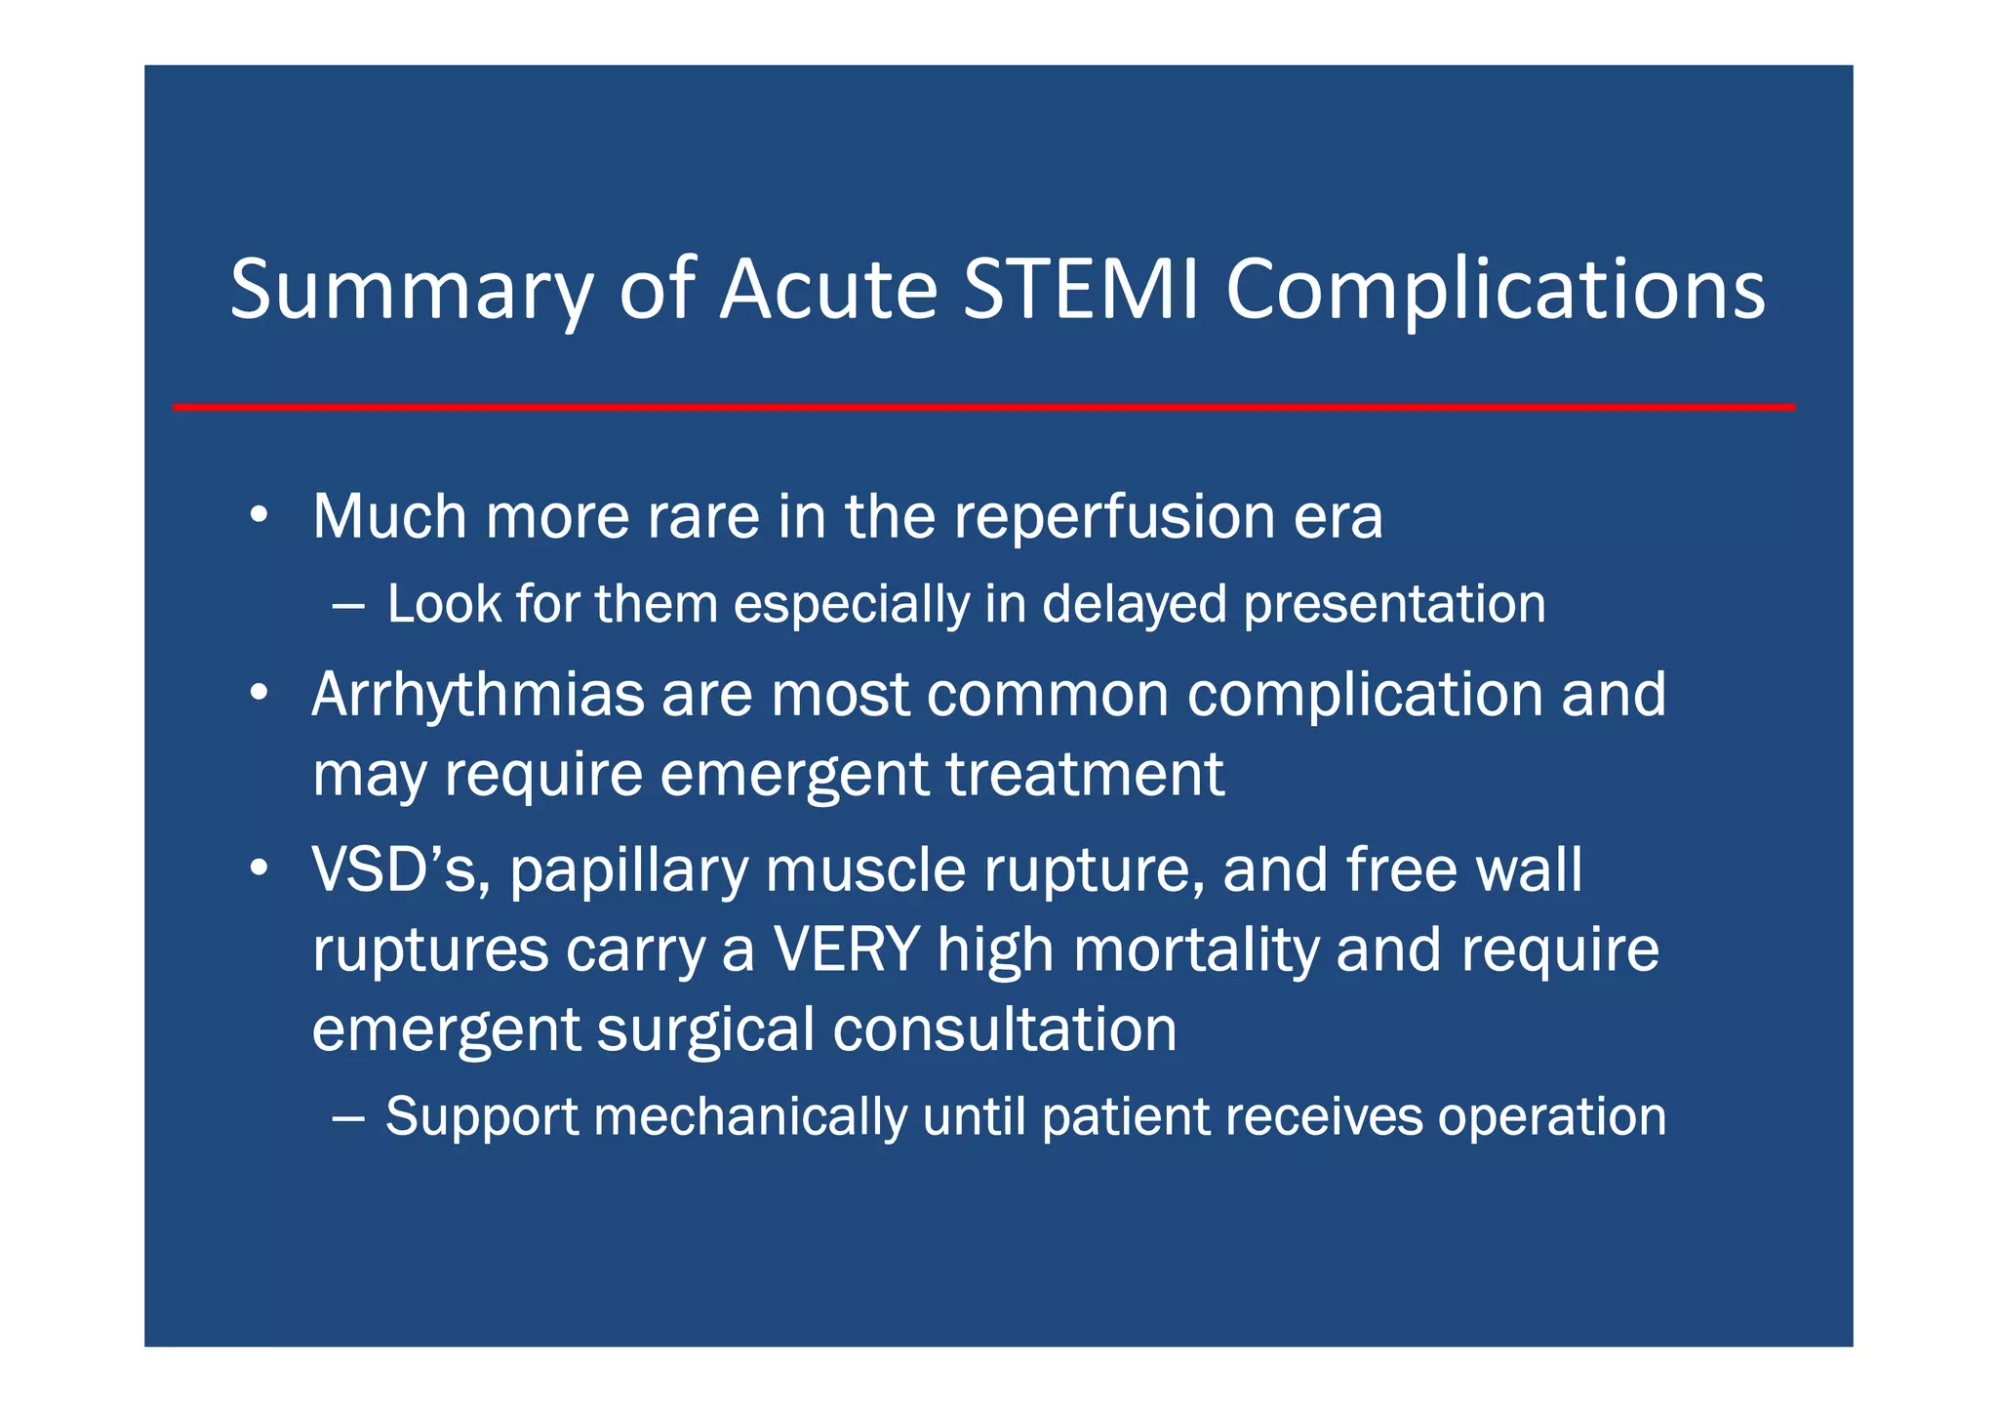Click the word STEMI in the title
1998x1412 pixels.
point(1080,289)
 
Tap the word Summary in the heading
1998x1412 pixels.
point(411,291)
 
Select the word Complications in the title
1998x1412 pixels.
point(1495,291)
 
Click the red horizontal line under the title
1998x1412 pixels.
point(983,407)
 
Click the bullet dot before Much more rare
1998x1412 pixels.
point(258,515)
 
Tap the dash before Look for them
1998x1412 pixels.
point(348,606)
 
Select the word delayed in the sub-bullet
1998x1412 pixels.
point(1134,604)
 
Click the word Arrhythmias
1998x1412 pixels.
point(478,695)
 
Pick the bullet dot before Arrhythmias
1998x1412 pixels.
point(258,693)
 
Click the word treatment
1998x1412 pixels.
point(1085,775)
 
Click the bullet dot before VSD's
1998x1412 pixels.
point(258,867)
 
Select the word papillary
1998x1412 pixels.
point(628,870)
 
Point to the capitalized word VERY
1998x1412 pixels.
point(846,948)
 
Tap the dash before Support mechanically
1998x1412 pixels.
point(348,1118)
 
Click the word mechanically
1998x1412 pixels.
point(749,1117)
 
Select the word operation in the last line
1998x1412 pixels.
point(1551,1118)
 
